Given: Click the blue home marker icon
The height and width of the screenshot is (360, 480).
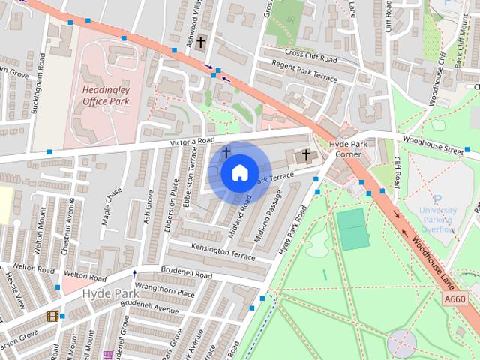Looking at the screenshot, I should click(x=238, y=173).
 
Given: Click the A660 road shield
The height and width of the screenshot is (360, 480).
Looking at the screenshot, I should click(x=454, y=299).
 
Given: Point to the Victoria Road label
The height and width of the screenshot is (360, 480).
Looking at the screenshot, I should click(x=192, y=141).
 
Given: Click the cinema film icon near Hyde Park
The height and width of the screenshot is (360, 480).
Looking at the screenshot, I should click(x=52, y=316).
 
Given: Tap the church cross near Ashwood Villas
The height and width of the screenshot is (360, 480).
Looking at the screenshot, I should click(x=200, y=43).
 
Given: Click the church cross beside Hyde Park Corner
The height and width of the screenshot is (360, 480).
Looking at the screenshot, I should click(x=305, y=156).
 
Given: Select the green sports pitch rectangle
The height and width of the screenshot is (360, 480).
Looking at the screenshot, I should click(x=352, y=229).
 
